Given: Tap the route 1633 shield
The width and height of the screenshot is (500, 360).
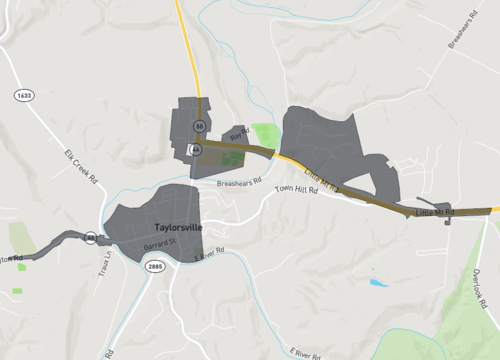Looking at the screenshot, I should click(23, 95).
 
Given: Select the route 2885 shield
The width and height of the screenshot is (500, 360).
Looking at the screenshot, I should click(154, 267).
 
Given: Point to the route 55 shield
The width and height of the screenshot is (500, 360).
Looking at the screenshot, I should click(200, 126).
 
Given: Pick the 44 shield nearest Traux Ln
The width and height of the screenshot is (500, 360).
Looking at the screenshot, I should click(90, 237).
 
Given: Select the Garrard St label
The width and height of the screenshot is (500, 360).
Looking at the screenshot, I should click(159, 243).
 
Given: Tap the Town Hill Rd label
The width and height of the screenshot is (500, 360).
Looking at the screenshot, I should click(297, 189).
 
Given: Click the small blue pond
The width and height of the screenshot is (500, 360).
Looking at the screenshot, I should click(377, 283).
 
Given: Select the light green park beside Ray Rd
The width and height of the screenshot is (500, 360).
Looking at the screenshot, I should click(265, 134).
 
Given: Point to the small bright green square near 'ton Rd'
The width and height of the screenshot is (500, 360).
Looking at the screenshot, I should click(18, 291).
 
